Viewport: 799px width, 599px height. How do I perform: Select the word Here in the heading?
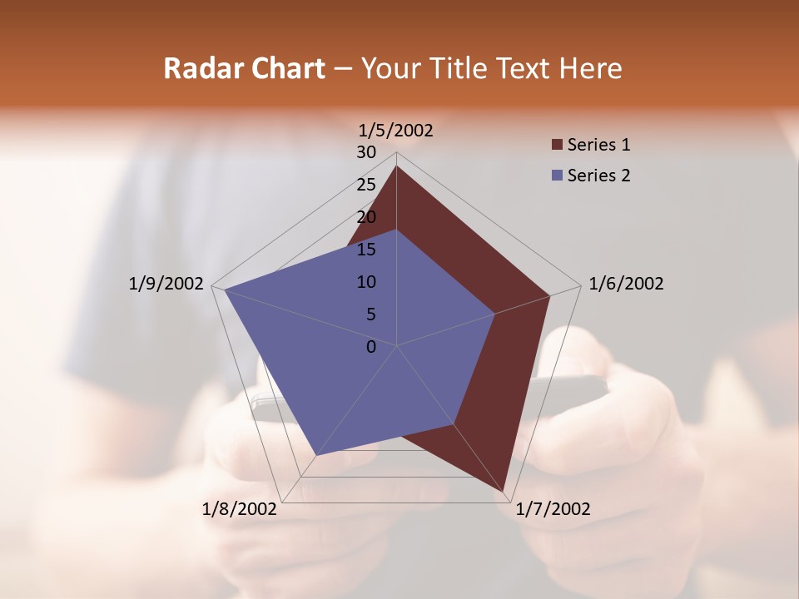(590, 68)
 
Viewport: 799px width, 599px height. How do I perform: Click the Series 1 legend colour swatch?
(557, 145)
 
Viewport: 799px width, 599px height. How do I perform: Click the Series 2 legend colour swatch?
(557, 176)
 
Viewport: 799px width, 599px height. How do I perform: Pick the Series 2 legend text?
(598, 176)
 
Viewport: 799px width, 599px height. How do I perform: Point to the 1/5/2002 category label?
(396, 130)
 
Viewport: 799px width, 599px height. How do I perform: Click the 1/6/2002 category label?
(626, 284)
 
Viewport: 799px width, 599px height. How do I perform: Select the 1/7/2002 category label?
(553, 509)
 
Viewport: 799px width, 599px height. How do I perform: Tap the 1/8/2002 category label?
(240, 509)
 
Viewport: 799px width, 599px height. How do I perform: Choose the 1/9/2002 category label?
(166, 284)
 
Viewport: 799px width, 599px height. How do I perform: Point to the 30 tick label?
(366, 152)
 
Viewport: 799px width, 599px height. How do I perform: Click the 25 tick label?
(366, 185)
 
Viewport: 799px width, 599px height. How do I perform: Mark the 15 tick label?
(366, 250)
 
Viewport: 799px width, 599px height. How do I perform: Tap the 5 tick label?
(370, 314)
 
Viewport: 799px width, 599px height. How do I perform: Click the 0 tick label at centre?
(371, 347)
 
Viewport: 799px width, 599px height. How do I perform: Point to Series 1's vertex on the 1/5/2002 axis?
(396, 166)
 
